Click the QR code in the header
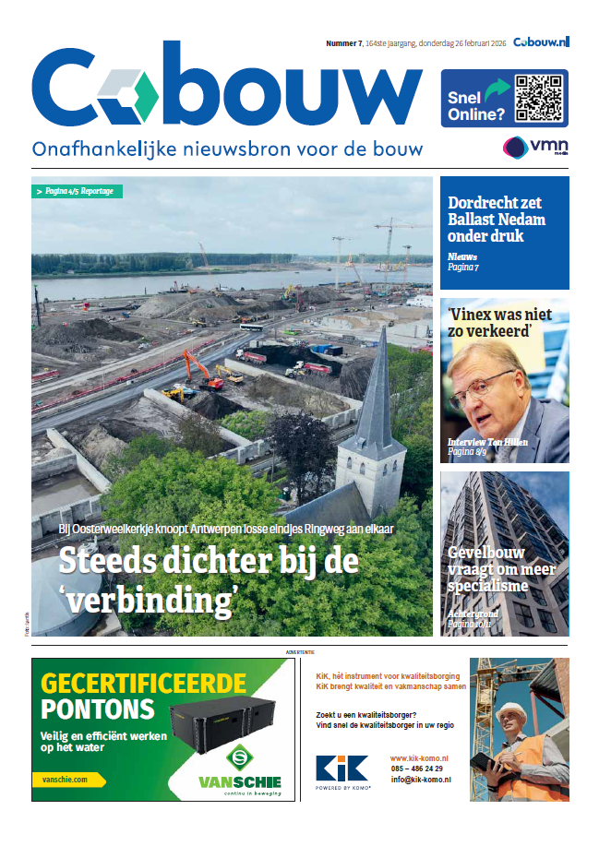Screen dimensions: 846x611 coord(538,99)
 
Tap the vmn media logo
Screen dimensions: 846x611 coord(534,148)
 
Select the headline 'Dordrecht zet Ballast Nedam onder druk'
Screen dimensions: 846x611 coord(497,220)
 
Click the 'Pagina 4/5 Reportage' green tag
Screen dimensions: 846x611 coord(78,191)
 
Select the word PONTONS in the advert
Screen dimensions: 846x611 coord(97,709)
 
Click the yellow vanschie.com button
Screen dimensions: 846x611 coord(69,780)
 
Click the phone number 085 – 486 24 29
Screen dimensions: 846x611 coord(416,769)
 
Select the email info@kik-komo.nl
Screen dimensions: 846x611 coord(420,780)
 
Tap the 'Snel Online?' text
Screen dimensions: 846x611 coord(475,106)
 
